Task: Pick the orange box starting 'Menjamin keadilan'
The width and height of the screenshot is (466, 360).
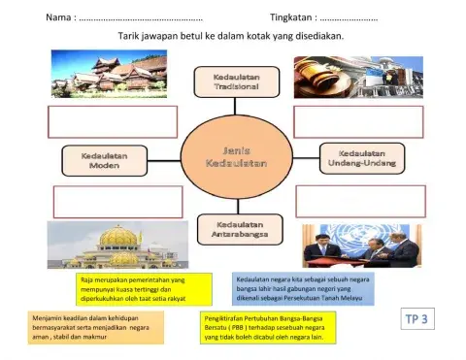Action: click(x=99, y=328)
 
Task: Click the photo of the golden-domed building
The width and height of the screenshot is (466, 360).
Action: click(x=112, y=245)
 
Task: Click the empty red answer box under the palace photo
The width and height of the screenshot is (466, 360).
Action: click(x=112, y=122)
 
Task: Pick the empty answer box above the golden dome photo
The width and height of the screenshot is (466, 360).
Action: click(x=117, y=201)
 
